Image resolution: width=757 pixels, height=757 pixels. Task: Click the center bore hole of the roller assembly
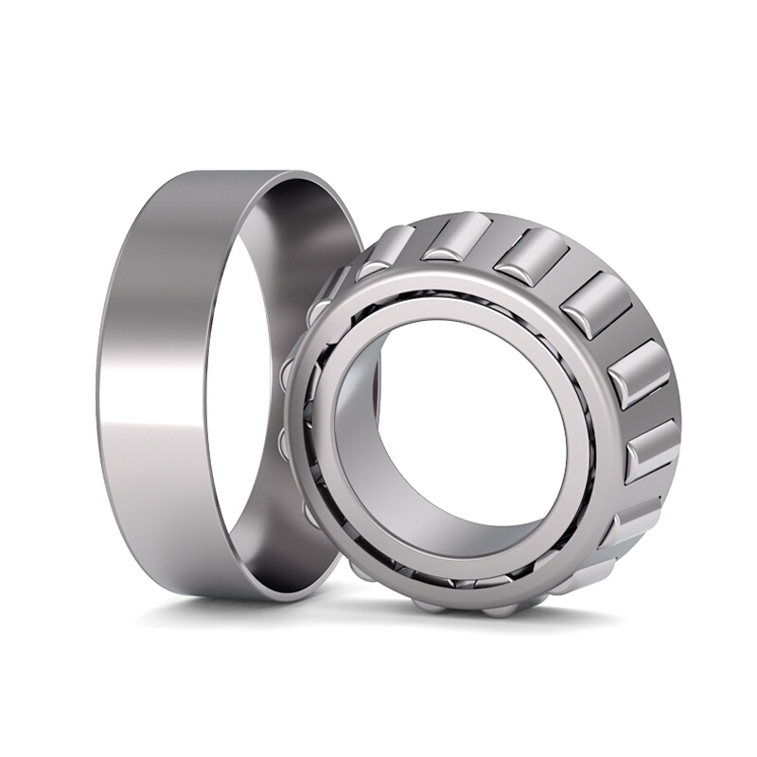[x=473, y=416]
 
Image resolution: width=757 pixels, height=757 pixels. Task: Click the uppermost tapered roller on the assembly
[x=459, y=238]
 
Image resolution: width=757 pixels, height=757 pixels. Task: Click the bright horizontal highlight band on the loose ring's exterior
[x=151, y=416]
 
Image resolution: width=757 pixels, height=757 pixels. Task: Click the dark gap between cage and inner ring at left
[x=312, y=426]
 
